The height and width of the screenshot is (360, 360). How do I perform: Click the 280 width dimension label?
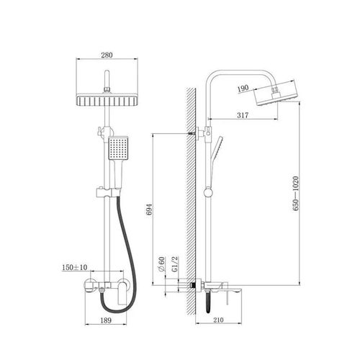107,55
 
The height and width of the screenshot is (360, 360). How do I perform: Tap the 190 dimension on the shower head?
243,89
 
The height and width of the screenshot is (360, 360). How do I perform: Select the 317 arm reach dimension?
243,115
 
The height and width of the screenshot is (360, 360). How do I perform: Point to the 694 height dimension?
149,210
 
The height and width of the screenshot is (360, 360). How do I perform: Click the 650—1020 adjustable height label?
296,193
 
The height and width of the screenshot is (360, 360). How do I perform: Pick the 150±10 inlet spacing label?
75,267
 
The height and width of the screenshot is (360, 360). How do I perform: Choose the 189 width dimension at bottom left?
106,320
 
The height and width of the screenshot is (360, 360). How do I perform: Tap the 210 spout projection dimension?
218,320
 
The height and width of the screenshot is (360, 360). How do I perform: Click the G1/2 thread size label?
175,264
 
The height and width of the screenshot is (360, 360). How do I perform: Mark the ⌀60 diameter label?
161,264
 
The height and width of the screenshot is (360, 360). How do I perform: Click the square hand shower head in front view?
118,148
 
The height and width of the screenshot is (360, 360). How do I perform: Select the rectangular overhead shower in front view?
107,101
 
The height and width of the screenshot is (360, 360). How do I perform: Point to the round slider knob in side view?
208,193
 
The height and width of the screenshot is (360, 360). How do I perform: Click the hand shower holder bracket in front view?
108,193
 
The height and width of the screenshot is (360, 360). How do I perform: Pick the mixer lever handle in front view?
122,293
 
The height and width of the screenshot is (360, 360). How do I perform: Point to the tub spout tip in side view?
240,289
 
